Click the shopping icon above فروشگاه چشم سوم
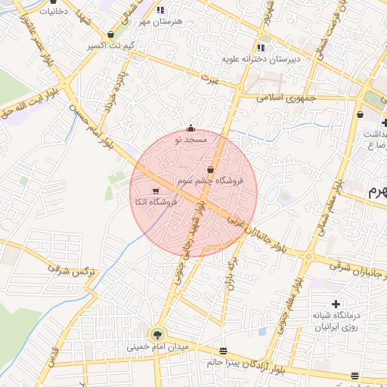pos(210,170)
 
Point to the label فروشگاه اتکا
pos(155,203)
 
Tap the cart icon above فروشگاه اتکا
pos(156,190)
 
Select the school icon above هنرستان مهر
pos(160,10)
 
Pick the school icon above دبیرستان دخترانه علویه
pos(262,47)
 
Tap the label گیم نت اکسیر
pos(112,46)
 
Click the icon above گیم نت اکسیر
pos(112,34)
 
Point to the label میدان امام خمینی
pos(157,348)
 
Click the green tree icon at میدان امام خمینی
pos(158,333)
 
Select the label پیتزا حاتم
pos(222,363)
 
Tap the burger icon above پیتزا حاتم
pos(222,351)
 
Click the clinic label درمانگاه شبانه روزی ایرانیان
pos(338,321)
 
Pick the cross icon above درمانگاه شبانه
pos(336,304)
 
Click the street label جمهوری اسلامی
pos(280,98)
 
